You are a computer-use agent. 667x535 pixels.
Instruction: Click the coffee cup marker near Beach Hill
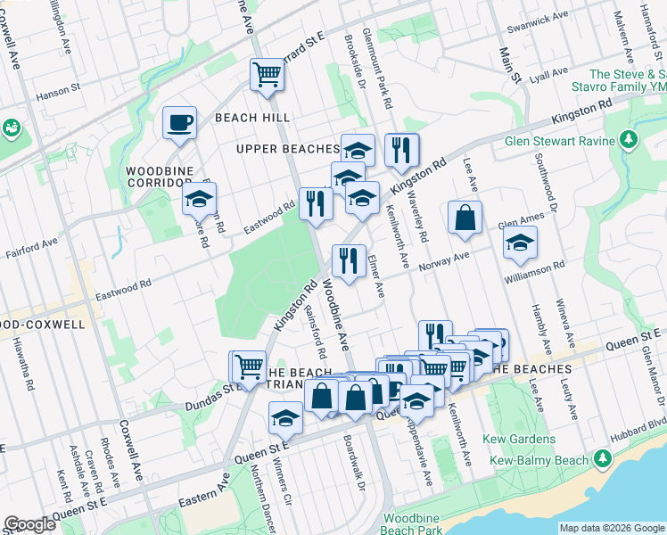pos(179,122)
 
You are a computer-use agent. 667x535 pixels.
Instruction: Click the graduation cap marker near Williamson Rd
pos(519,242)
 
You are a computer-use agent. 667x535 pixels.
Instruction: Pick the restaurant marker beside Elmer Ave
pos(347,260)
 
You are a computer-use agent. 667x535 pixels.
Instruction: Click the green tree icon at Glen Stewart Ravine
pos(629,140)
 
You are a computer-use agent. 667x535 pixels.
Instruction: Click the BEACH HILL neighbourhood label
pos(247,118)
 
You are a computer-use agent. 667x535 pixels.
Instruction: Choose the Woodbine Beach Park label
pos(412,524)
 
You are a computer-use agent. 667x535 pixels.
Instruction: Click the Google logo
pos(29,524)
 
